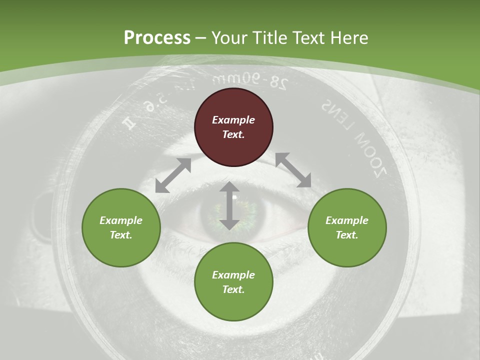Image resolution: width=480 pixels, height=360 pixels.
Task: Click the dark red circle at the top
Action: pyautogui.click(x=233, y=127)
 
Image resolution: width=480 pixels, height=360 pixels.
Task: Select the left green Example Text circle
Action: pyautogui.click(x=121, y=227)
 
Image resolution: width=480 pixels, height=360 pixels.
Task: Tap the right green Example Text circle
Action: pyautogui.click(x=347, y=227)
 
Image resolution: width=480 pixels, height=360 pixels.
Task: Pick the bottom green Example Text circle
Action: pyautogui.click(x=233, y=281)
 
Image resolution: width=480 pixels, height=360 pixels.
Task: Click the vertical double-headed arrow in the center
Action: pyautogui.click(x=229, y=205)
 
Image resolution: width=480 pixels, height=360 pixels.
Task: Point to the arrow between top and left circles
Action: pyautogui.click(x=173, y=175)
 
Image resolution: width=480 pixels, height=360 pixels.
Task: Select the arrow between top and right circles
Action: pyautogui.click(x=293, y=170)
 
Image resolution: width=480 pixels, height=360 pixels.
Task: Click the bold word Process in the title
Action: pyautogui.click(x=157, y=37)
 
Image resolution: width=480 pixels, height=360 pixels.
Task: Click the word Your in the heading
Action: pyautogui.click(x=229, y=37)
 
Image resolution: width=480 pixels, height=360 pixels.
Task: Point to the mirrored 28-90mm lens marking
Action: pyautogui.click(x=249, y=80)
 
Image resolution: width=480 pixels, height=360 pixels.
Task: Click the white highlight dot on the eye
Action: pyautogui.click(x=234, y=197)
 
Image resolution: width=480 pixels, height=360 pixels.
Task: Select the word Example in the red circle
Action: pyautogui.click(x=233, y=120)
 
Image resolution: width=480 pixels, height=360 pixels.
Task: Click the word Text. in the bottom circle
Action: pyautogui.click(x=233, y=289)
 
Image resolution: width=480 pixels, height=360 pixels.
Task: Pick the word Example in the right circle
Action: pyautogui.click(x=347, y=220)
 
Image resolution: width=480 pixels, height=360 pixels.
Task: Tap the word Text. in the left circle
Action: pyautogui.click(x=121, y=235)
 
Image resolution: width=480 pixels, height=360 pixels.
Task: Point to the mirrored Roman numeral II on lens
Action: pyautogui.click(x=131, y=123)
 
